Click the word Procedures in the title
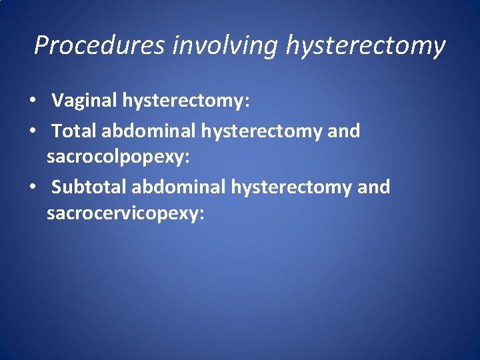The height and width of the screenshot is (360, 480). click(x=100, y=45)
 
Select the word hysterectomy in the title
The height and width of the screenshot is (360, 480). click(x=365, y=45)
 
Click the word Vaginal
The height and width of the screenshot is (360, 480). click(x=85, y=101)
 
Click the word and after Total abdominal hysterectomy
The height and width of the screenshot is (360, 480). click(x=344, y=131)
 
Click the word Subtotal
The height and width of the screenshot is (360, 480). click(x=89, y=187)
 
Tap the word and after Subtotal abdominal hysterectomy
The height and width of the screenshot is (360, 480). click(x=374, y=187)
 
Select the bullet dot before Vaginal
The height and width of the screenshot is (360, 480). click(x=32, y=102)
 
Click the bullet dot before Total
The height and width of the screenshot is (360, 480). click(x=32, y=132)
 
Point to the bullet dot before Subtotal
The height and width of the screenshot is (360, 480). click(x=32, y=188)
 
